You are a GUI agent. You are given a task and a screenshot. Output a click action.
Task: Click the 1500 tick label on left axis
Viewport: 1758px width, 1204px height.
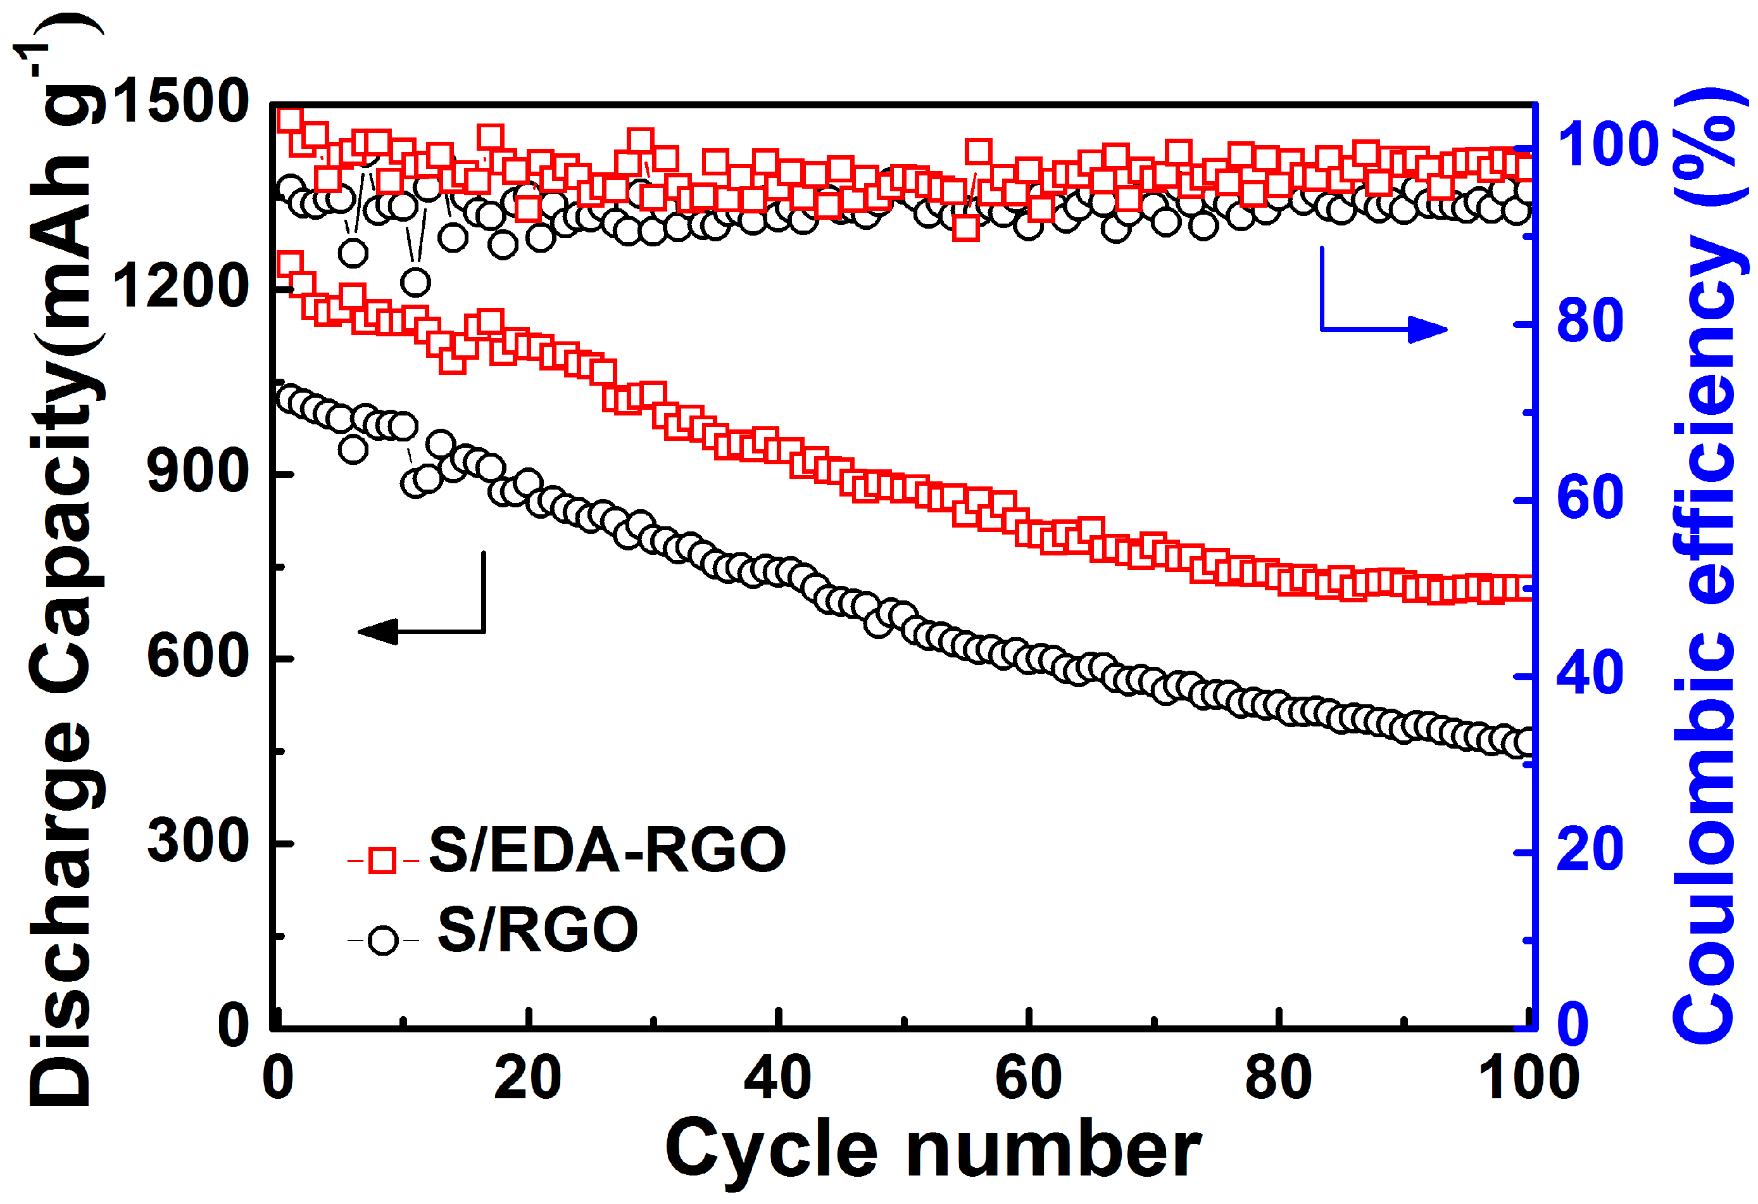(180, 101)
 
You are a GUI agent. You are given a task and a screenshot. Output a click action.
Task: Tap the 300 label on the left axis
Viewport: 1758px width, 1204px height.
(198, 842)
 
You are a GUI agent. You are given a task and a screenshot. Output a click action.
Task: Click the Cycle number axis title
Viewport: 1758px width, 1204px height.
(932, 1150)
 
